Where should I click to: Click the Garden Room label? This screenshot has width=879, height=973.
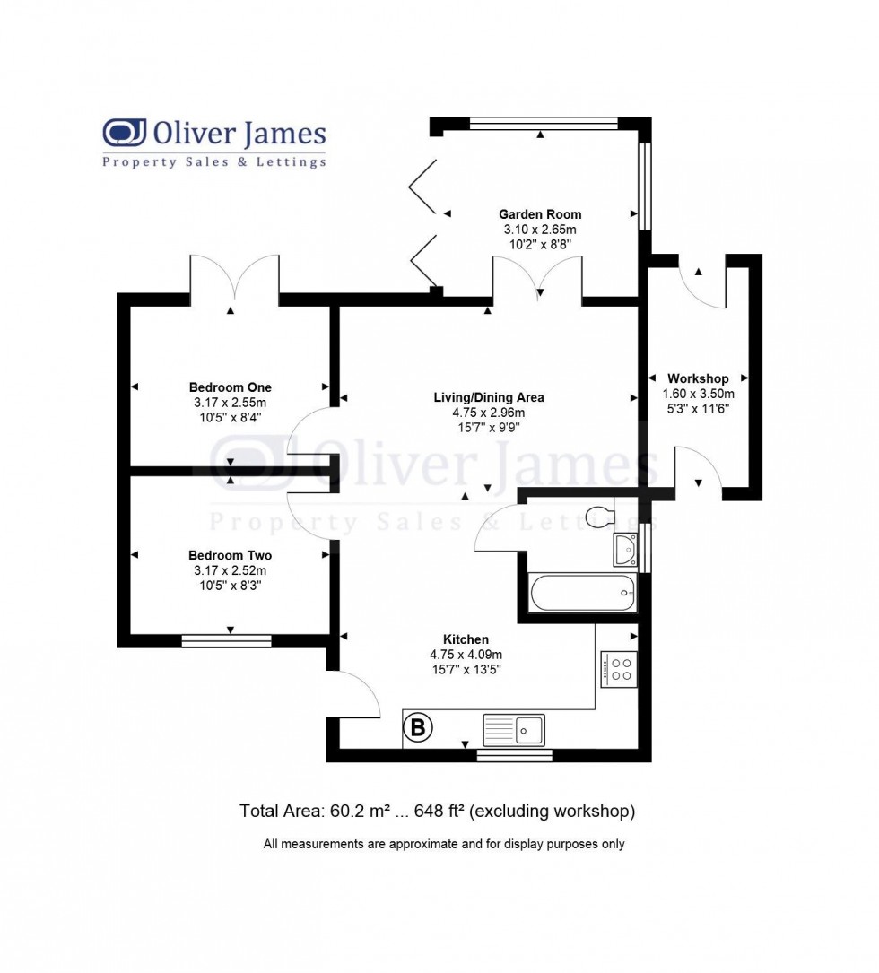click(540, 214)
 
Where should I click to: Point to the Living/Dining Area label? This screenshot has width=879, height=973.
click(488, 397)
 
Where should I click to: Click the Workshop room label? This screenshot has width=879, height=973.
click(698, 378)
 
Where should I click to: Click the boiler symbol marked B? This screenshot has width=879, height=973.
click(418, 727)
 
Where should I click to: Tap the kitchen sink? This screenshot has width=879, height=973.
click(513, 729)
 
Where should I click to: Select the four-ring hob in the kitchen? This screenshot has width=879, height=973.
click(618, 669)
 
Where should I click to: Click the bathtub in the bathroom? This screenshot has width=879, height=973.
click(582, 593)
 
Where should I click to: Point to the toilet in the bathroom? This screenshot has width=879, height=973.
click(598, 516)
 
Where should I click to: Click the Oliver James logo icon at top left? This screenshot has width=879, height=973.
click(125, 133)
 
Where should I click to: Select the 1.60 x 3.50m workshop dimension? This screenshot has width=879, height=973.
click(698, 394)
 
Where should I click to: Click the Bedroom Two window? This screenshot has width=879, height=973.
click(226, 640)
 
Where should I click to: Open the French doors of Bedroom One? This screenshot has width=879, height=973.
click(234, 279)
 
